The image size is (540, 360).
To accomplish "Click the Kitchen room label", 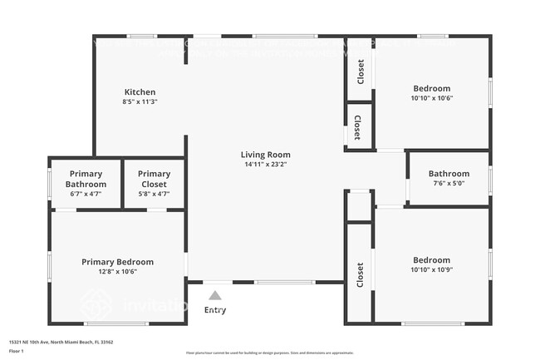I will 140,91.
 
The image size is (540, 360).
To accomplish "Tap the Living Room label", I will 266,155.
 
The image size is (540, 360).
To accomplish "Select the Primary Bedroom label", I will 117,262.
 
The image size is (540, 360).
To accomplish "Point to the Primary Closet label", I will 154,179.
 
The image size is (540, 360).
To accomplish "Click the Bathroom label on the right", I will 449,174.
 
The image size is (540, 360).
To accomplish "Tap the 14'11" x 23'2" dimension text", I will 266,165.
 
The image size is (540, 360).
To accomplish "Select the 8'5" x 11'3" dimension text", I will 140,101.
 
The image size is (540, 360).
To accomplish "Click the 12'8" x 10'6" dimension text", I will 117,272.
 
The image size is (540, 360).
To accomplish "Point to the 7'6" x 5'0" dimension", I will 449,184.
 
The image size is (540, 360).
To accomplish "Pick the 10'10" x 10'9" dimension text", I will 432,269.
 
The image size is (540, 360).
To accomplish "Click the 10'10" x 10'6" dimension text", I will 432,98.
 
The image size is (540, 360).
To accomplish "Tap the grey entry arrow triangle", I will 214,295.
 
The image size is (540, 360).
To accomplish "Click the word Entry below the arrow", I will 214,310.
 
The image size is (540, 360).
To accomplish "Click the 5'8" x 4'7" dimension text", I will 154,194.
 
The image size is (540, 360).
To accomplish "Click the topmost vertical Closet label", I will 361,72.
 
